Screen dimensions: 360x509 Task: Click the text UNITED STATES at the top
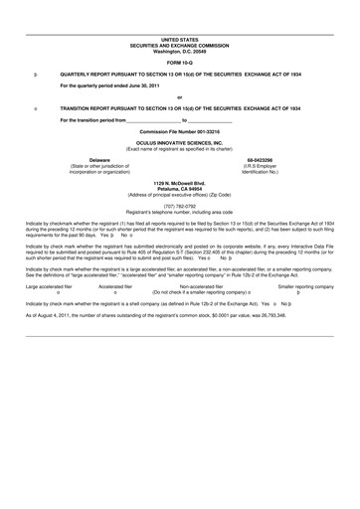pyautogui.click(x=180, y=40)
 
